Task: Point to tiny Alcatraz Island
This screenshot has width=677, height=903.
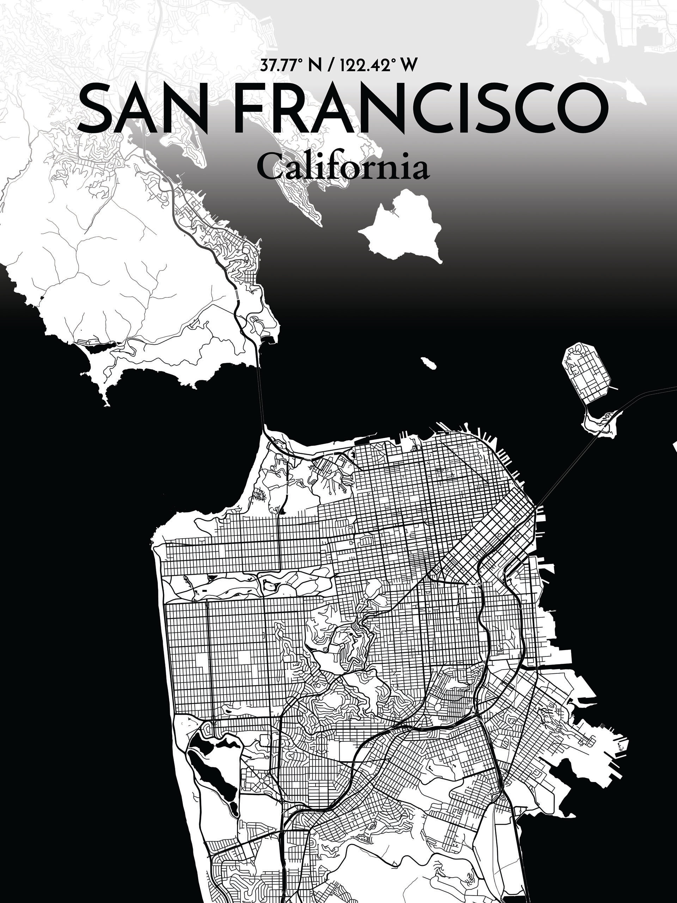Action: [428, 363]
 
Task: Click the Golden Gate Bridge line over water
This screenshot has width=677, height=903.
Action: [260, 388]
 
